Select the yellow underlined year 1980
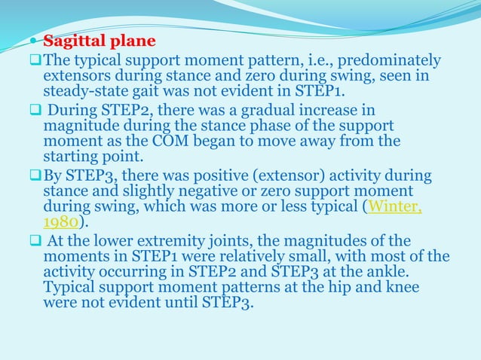click(60, 224)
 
